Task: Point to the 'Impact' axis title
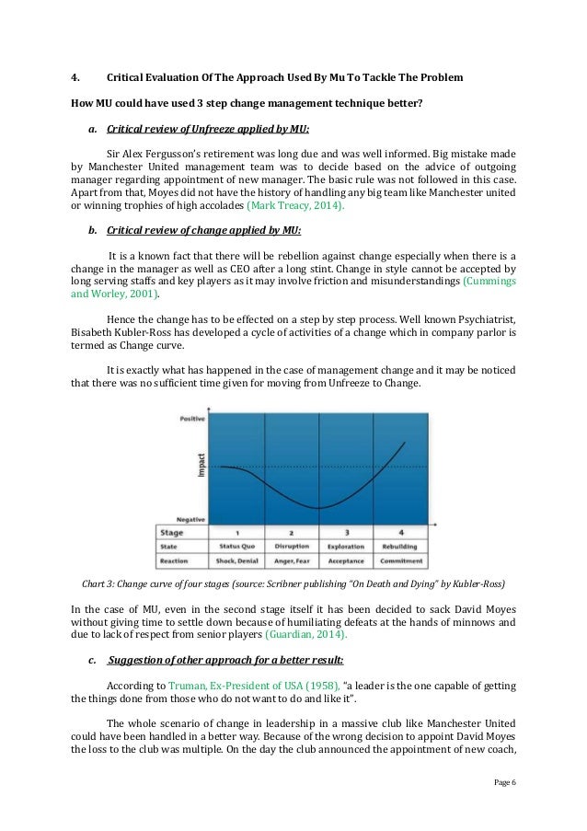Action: click(201, 467)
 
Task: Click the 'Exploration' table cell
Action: click(347, 546)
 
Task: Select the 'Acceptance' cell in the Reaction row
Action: click(347, 560)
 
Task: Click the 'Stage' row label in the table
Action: click(172, 532)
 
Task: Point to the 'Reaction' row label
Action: click(176, 560)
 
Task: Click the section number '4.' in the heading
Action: click(76, 78)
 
